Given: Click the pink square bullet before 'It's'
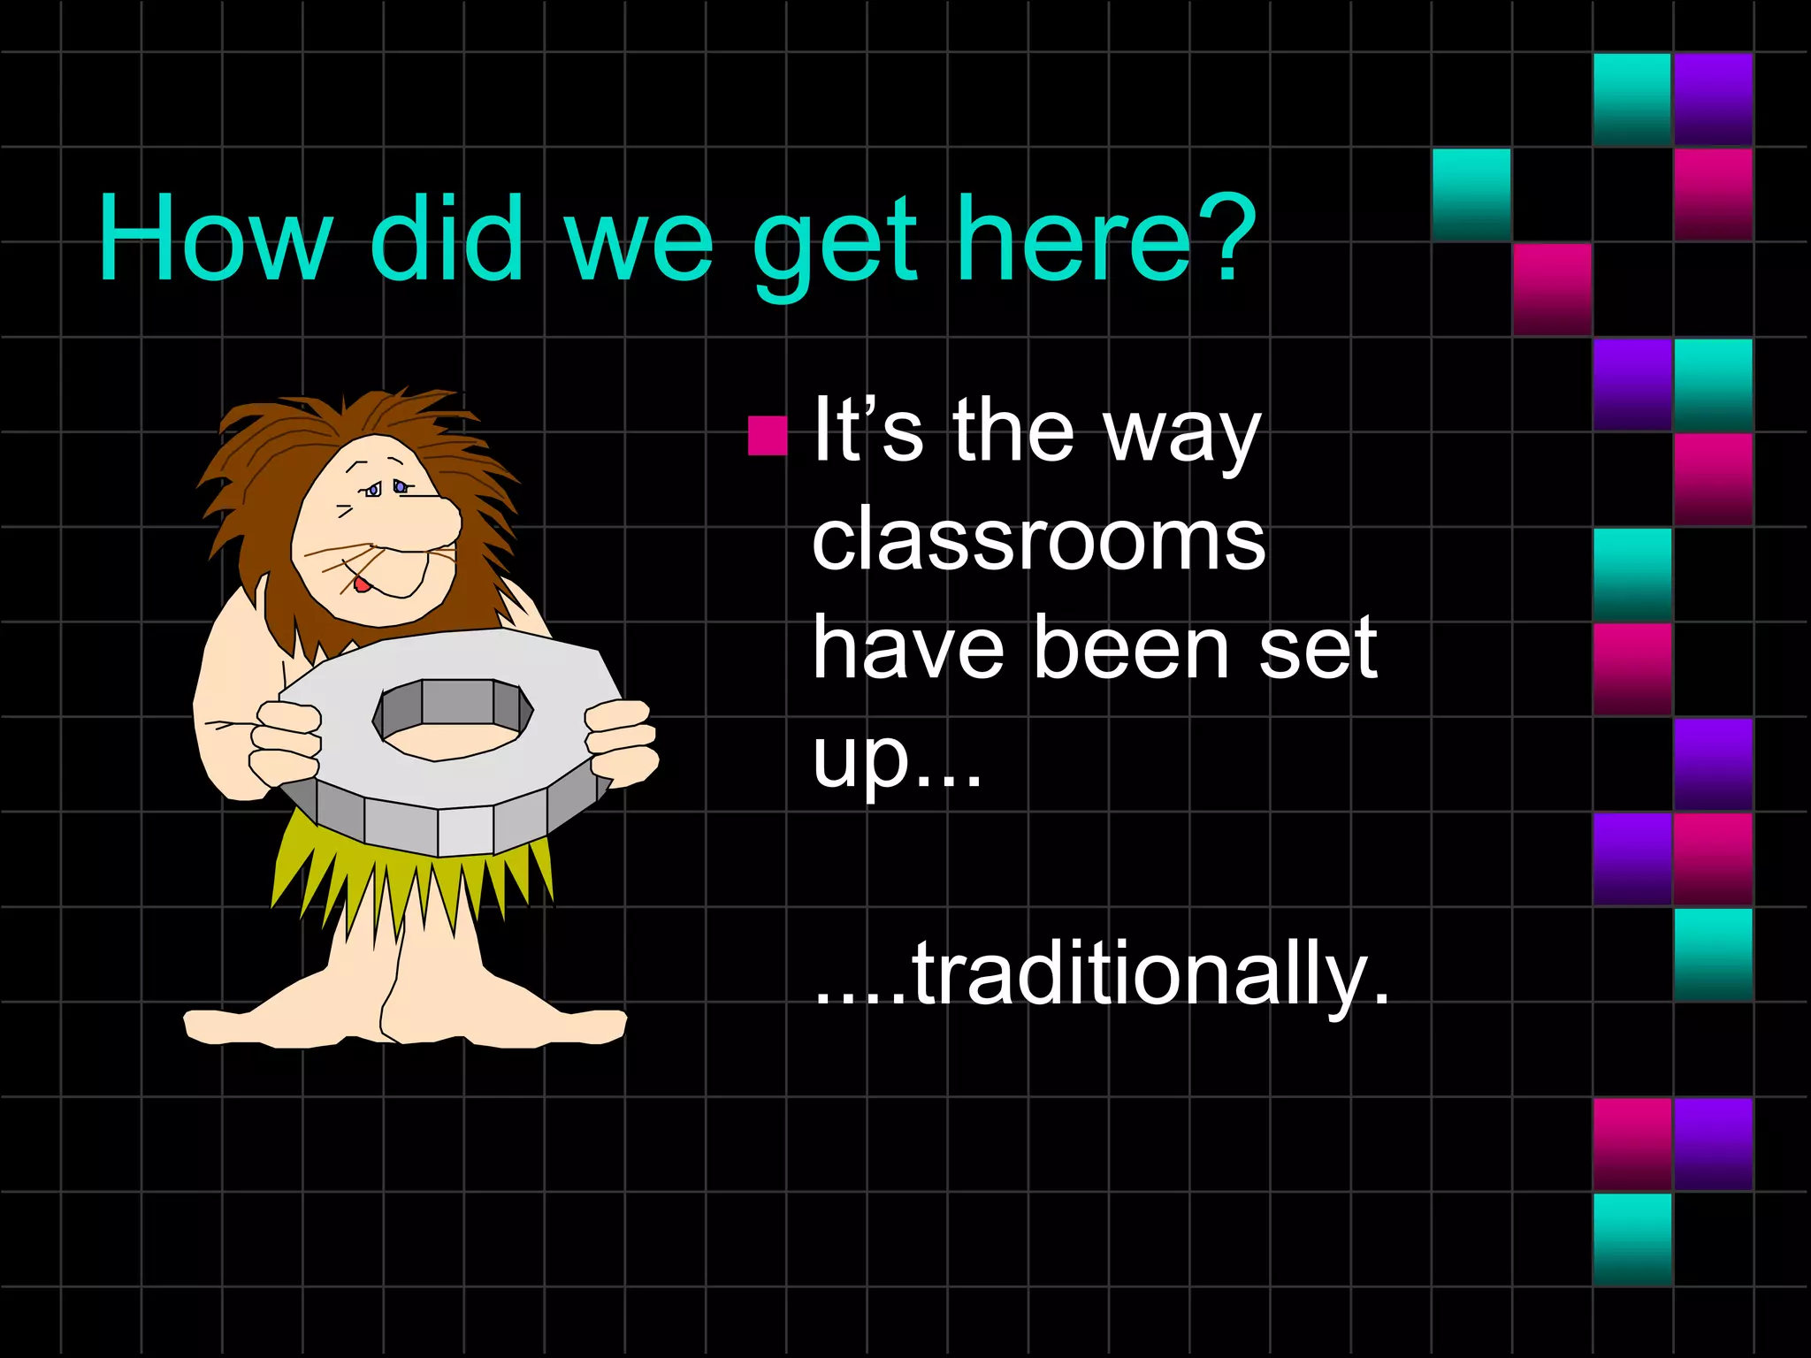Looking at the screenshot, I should pyautogui.click(x=767, y=435).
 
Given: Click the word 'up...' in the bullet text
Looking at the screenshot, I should pyautogui.click(x=897, y=759).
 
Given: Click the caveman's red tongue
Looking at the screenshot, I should pyautogui.click(x=362, y=584).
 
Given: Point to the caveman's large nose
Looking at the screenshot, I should pyautogui.click(x=433, y=522).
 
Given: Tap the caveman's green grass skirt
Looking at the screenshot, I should pyautogui.click(x=407, y=875).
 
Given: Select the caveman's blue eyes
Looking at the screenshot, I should pyautogui.click(x=387, y=487).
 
